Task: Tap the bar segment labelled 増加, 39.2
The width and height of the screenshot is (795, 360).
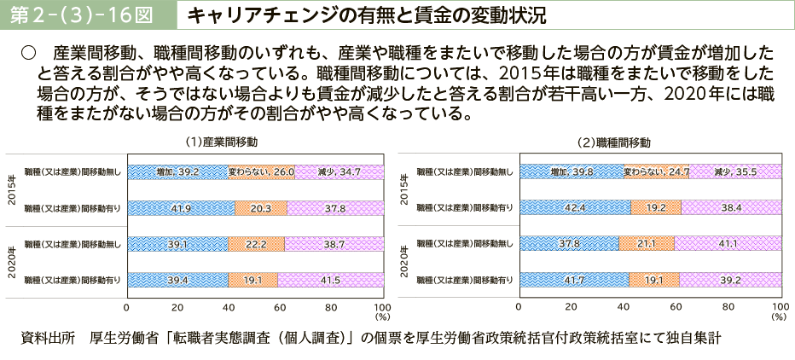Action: click(x=177, y=171)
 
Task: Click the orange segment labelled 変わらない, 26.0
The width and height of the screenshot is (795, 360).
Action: click(x=261, y=171)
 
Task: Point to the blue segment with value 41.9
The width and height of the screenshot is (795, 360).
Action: click(x=180, y=207)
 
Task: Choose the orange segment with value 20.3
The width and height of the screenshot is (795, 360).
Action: click(x=261, y=207)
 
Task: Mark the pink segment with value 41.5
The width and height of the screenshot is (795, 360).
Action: click(x=329, y=279)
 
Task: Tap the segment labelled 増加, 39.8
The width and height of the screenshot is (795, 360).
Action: click(x=572, y=171)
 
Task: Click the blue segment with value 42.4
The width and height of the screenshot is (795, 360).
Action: click(x=575, y=207)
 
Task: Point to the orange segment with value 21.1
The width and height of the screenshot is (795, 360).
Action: click(x=647, y=244)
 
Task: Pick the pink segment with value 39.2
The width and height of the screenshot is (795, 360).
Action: click(x=729, y=279)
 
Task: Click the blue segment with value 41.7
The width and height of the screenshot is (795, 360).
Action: click(x=574, y=279)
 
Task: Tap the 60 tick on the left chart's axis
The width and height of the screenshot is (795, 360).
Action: click(x=280, y=307)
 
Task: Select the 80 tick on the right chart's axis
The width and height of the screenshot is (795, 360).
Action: click(x=728, y=307)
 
